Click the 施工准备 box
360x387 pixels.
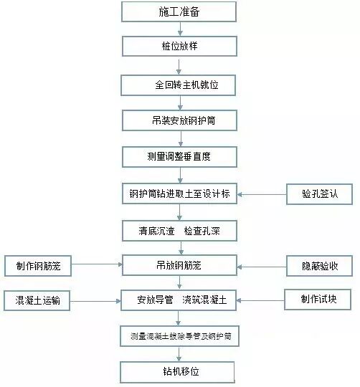click(x=178, y=11)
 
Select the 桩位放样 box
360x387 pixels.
click(x=178, y=47)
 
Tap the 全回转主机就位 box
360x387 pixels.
click(x=178, y=85)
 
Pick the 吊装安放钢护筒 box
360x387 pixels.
click(x=178, y=120)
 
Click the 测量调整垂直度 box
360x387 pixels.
click(x=178, y=156)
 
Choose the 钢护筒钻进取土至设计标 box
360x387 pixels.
click(x=178, y=193)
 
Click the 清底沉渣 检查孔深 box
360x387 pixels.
click(x=178, y=230)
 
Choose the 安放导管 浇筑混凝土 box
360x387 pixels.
click(x=178, y=300)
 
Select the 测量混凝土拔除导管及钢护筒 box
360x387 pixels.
click(x=178, y=335)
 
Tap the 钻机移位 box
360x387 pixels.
click(x=178, y=373)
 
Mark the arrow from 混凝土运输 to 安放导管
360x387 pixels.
click(x=96, y=300)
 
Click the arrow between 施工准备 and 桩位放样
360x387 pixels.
click(x=178, y=29)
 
